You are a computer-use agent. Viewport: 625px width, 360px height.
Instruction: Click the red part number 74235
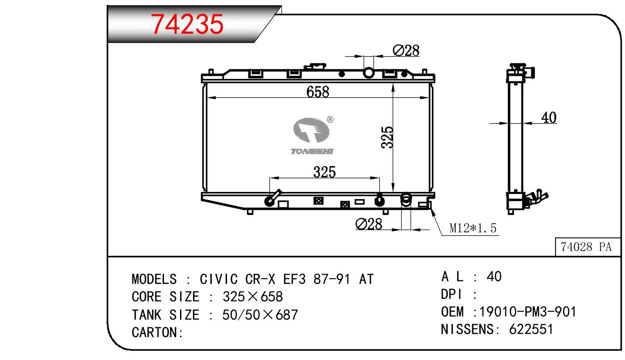tap(187, 24)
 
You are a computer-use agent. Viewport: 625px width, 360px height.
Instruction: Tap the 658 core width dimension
tap(318, 92)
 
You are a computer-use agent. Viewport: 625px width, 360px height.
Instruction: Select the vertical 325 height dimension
tap(387, 137)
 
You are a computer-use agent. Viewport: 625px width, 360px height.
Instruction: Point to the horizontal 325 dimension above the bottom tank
tap(324, 172)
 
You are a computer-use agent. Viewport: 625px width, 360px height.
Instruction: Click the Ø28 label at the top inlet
tap(406, 51)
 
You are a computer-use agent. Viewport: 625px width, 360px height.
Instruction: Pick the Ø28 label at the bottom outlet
tap(369, 224)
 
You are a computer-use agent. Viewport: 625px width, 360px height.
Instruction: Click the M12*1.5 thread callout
tap(473, 228)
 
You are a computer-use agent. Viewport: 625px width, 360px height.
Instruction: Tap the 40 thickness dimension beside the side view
tap(549, 117)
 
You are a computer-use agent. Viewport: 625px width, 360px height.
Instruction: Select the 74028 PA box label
tap(586, 247)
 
